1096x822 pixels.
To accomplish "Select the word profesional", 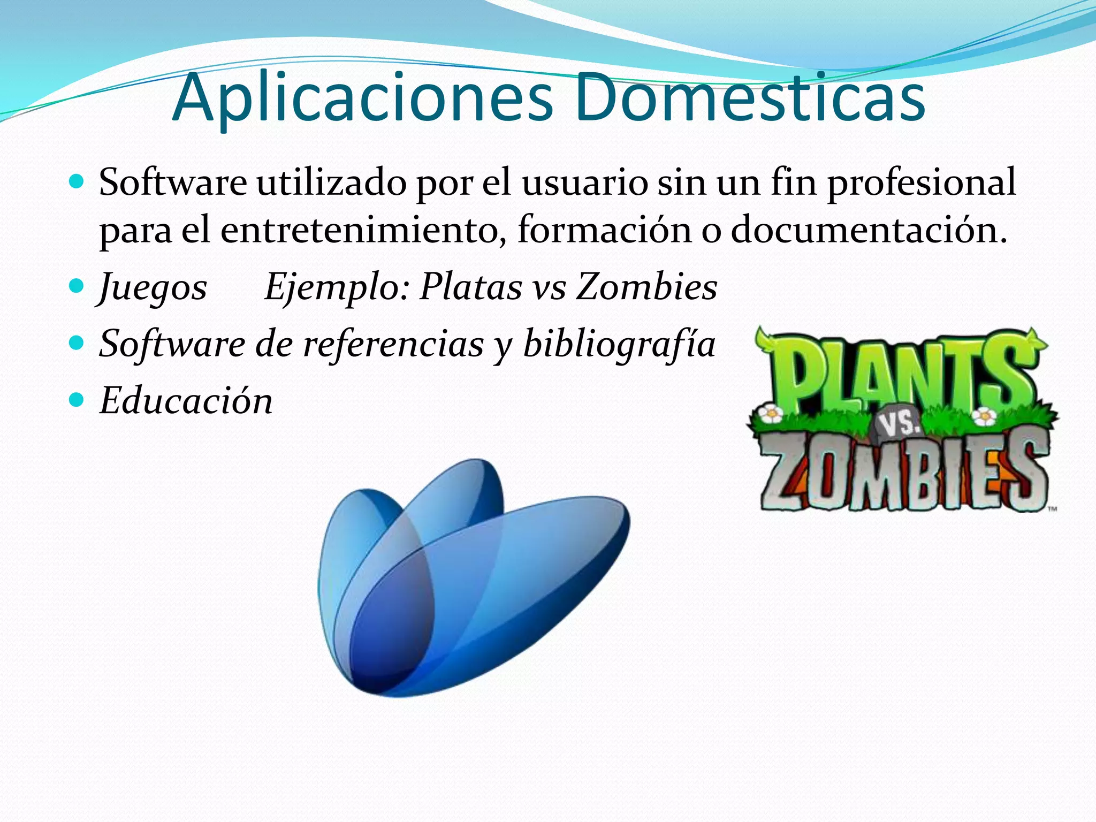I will pyautogui.click(x=921, y=182).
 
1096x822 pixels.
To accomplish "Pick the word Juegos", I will pyautogui.click(x=153, y=287).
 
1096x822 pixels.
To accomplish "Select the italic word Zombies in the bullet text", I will pyautogui.click(x=646, y=287).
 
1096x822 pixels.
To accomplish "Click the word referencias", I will pyautogui.click(x=393, y=344).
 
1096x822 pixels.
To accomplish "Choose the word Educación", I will pyautogui.click(x=186, y=401).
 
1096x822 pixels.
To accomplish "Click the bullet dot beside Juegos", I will pyautogui.click(x=77, y=285).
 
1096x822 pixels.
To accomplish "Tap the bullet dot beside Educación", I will pyautogui.click(x=77, y=399).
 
